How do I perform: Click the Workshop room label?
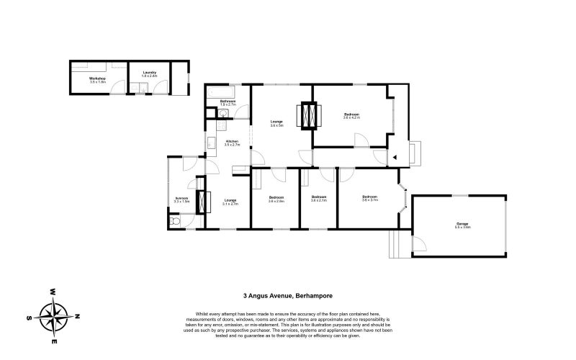97,78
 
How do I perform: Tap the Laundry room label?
150,72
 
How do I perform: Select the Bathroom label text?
228,101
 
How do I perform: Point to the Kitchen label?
231,141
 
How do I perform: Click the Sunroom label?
181,198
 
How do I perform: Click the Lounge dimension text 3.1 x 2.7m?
230,204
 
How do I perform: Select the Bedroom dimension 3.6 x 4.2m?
351,118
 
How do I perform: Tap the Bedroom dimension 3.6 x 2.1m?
319,201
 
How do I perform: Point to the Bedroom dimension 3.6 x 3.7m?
370,201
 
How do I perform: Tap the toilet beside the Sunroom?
176,222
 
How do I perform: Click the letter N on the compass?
78,317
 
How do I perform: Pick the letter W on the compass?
53,292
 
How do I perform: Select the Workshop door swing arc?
118,88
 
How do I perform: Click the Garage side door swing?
418,244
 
